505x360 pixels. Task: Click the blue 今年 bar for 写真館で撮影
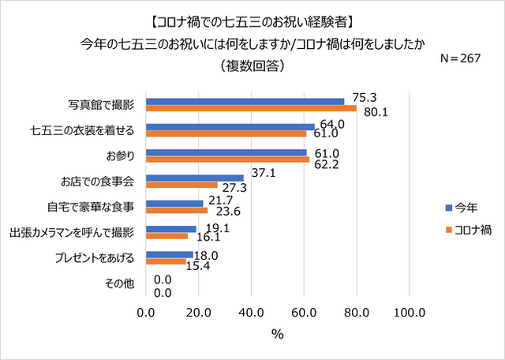pos(245,101)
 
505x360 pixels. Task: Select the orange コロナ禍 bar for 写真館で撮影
pos(252,109)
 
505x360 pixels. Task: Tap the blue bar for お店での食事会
pos(195,178)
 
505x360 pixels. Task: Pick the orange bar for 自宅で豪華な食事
pos(177,211)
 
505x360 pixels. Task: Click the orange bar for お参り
pos(228,159)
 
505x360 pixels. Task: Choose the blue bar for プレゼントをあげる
pos(170,254)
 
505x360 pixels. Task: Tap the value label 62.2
pos(324,165)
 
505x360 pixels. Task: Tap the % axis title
pos(278,334)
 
